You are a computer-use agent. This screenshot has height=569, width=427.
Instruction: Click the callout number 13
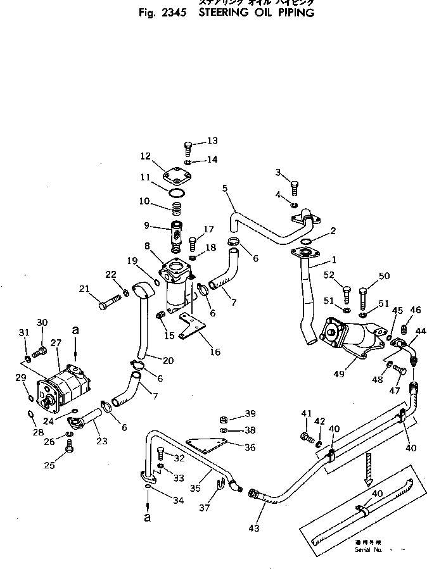coord(212,141)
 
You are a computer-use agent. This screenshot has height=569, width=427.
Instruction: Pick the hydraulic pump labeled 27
coord(65,385)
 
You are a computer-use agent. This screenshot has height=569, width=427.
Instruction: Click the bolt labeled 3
coord(294,188)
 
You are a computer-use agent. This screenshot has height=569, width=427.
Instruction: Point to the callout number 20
coord(168,361)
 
